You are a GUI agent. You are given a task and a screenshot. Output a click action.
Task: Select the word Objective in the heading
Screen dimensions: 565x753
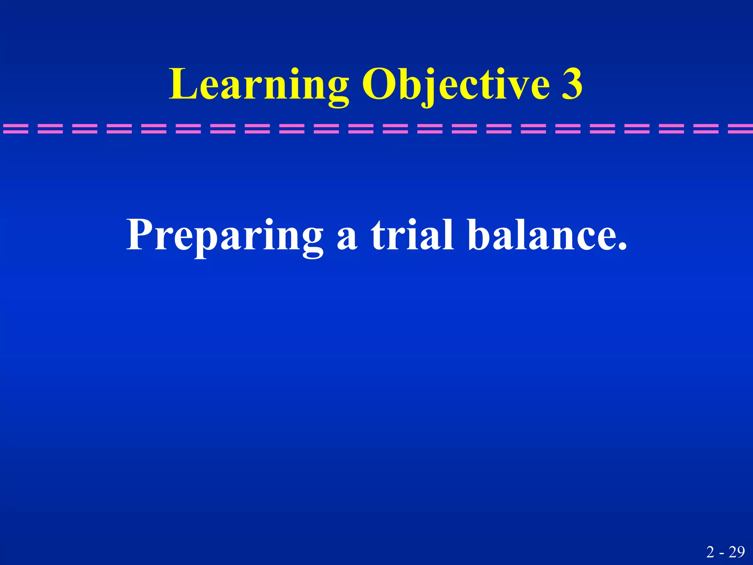coord(456,85)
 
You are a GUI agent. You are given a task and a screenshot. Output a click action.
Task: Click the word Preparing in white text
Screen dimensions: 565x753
coord(224,235)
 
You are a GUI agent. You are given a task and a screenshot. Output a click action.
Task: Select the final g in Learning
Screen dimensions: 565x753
coord(336,90)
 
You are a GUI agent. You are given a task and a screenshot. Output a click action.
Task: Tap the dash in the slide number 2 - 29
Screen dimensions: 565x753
coord(722,554)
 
